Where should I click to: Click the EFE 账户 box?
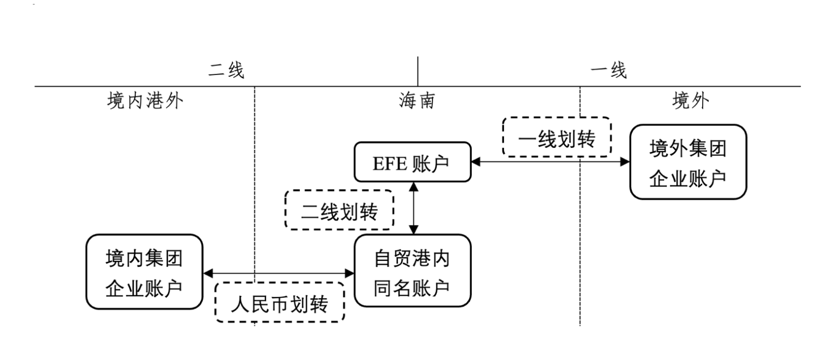(x=413, y=161)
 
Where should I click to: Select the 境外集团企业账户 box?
(x=688, y=162)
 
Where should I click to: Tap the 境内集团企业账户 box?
(x=144, y=271)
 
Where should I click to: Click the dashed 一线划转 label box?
(x=556, y=136)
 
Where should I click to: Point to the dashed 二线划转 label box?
(x=339, y=210)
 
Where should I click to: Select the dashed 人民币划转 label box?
(x=280, y=302)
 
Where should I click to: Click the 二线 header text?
(x=226, y=71)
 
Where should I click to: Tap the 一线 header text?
(x=609, y=71)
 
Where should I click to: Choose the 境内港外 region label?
(x=143, y=101)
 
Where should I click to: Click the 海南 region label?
(x=417, y=101)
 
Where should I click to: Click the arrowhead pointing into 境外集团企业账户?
(x=624, y=162)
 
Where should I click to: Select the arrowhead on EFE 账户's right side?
(x=477, y=162)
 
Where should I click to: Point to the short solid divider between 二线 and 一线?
(x=418, y=71)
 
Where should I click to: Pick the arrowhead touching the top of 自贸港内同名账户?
(x=414, y=229)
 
